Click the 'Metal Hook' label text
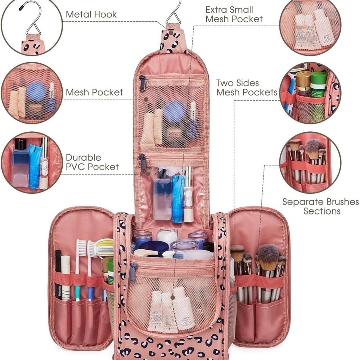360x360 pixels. click(91, 14)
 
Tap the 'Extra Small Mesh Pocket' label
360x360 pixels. click(234, 14)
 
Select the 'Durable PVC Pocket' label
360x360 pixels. click(92, 162)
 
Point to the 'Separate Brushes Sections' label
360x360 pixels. click(320, 206)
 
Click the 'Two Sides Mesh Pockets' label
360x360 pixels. click(247, 87)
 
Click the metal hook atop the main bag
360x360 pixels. click(174, 13)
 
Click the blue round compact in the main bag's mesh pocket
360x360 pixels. click(174, 111)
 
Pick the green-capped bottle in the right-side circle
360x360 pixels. click(318, 85)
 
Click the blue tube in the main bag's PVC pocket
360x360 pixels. click(178, 198)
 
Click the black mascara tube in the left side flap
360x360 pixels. click(58, 274)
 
